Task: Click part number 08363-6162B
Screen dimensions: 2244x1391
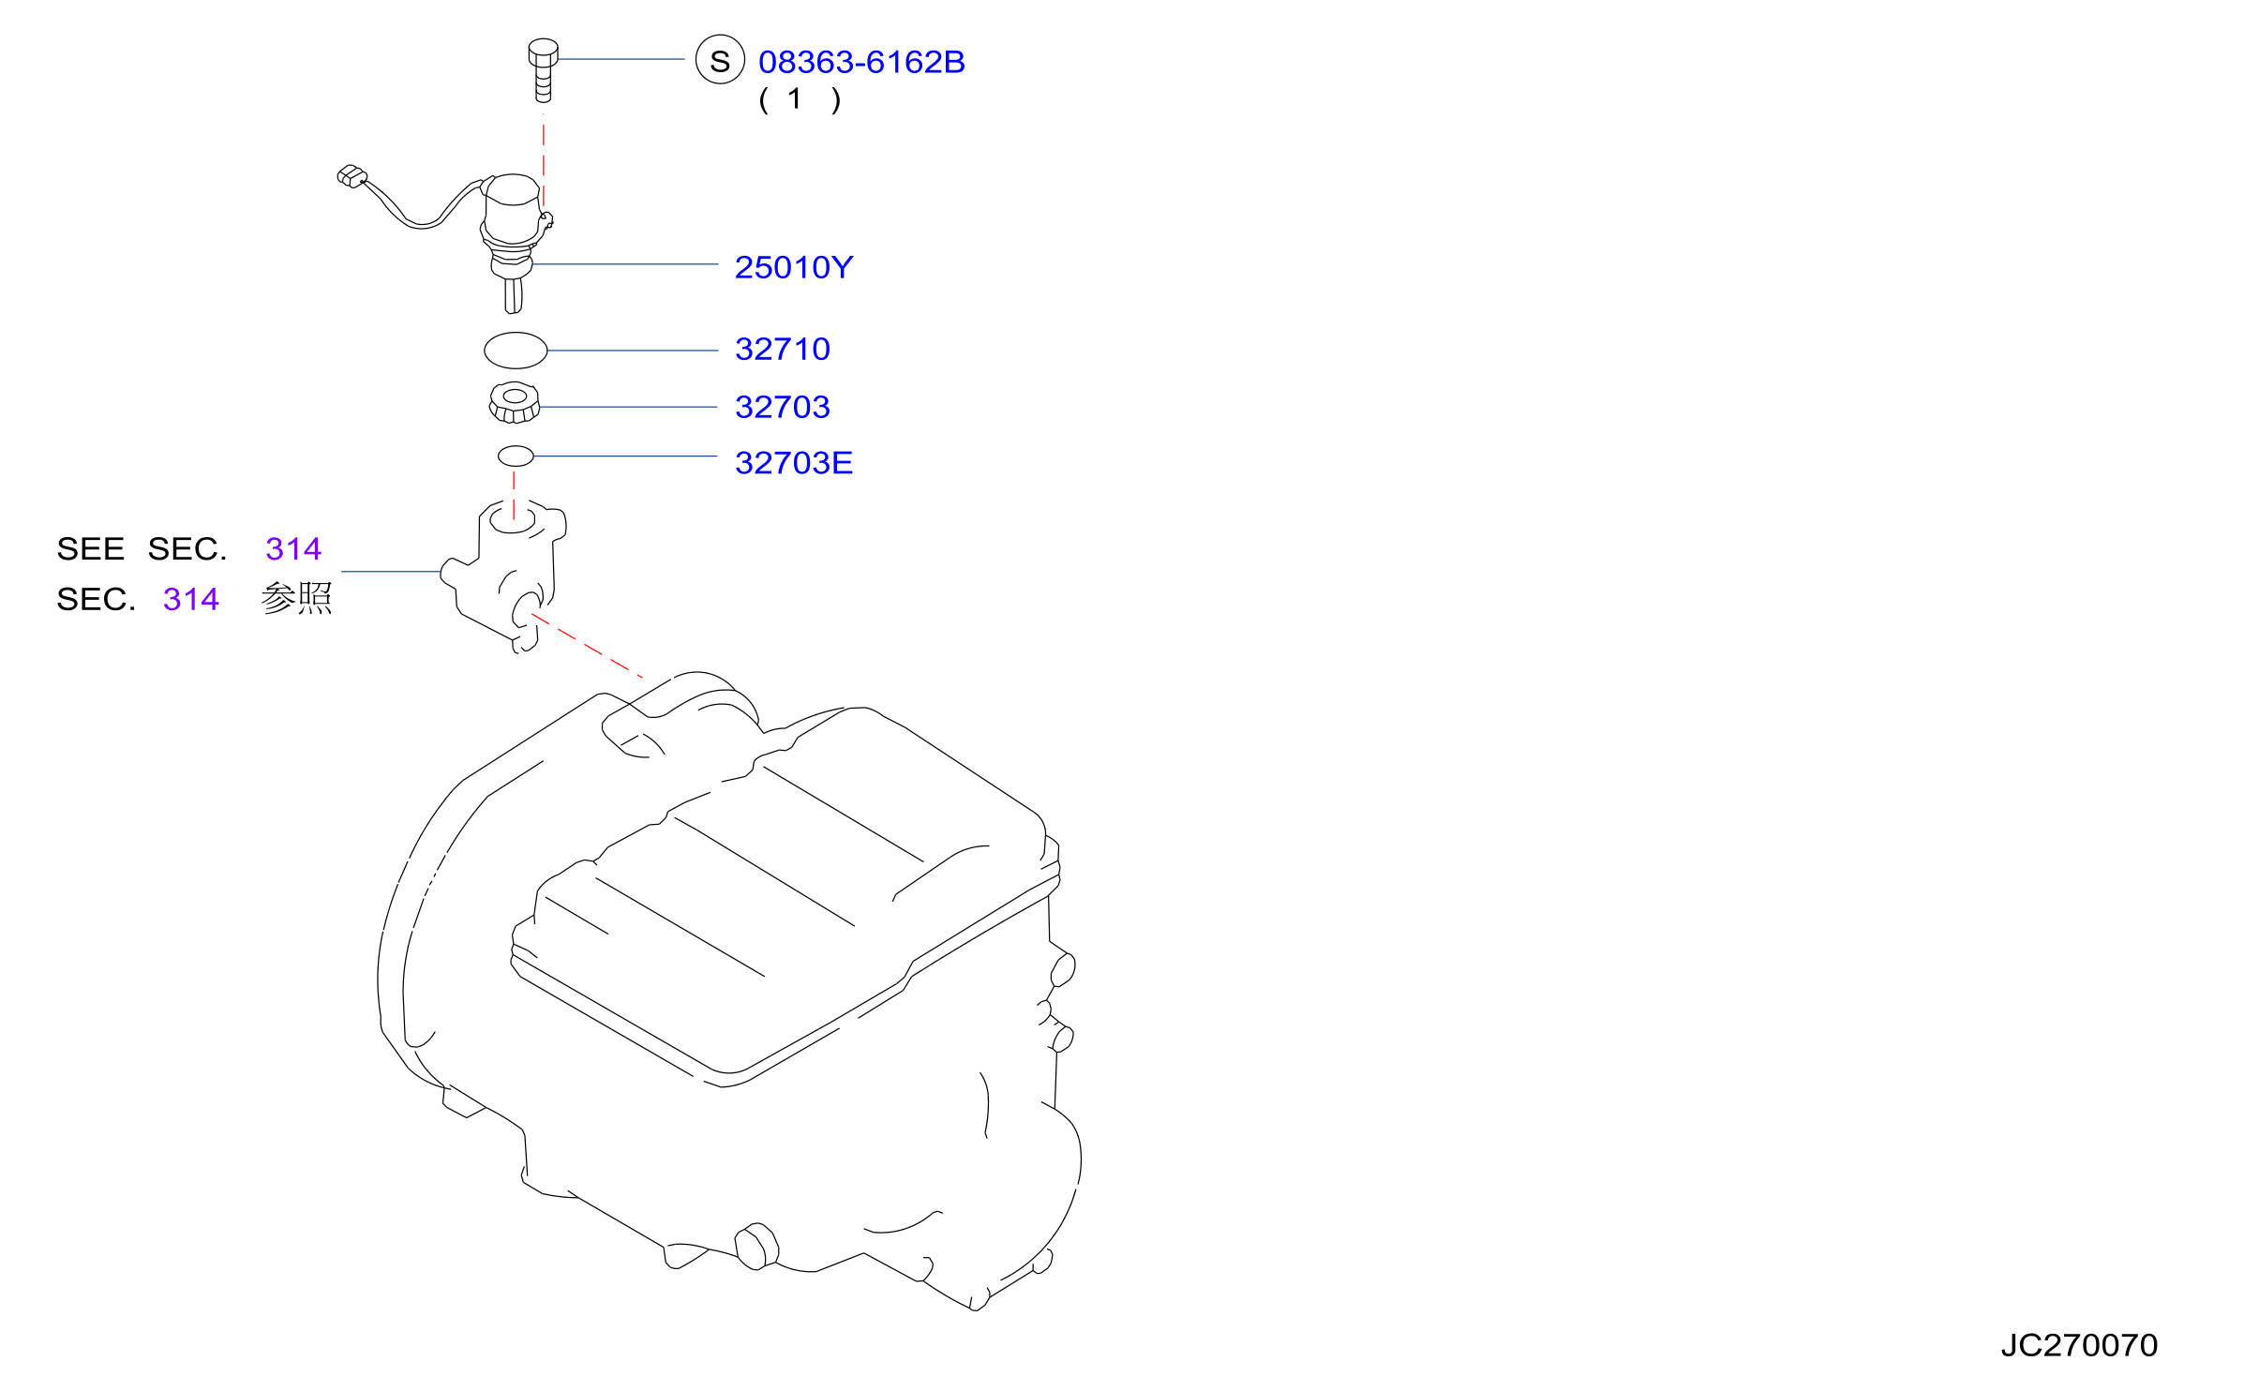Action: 861,62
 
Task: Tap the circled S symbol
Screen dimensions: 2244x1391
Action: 720,59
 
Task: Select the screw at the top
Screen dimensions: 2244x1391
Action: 543,69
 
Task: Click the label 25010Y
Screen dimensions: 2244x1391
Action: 794,267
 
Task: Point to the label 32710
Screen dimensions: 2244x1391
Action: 783,349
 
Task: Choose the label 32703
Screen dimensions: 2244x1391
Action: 783,407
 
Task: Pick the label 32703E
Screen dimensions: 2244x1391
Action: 794,462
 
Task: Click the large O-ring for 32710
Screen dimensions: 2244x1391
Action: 516,351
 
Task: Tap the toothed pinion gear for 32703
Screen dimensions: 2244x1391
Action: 515,403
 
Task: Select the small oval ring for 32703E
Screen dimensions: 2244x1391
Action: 516,456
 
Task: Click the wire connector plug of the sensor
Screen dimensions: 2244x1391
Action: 352,176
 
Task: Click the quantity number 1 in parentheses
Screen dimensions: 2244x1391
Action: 795,98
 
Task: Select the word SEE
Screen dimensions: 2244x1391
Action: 90,548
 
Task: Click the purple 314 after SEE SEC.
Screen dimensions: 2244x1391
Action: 293,548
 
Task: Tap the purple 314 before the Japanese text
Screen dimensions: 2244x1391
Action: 191,599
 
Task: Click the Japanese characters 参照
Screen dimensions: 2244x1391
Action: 296,598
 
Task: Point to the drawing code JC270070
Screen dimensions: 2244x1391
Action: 2079,1345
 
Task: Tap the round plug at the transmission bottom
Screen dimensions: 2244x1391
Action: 756,1247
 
